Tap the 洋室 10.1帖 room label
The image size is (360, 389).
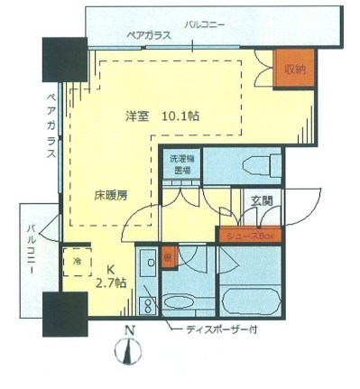[x=151, y=116]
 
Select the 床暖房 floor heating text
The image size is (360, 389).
[x=111, y=193]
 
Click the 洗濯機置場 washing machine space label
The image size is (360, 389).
[x=181, y=164]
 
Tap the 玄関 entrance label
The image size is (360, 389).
[x=262, y=202]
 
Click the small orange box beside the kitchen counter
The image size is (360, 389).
[x=169, y=256]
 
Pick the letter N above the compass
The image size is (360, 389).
[x=131, y=330]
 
